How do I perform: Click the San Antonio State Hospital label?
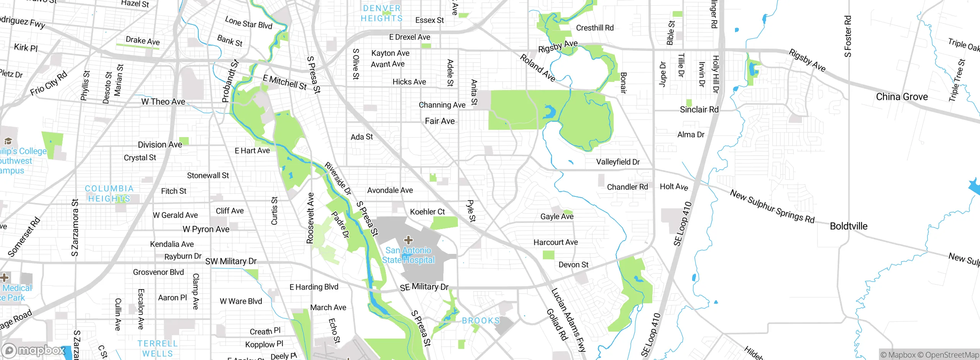pyautogui.click(x=408, y=255)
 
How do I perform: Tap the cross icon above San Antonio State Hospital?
pyautogui.click(x=408, y=240)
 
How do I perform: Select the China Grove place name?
pyautogui.click(x=902, y=97)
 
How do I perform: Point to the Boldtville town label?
pyautogui.click(x=848, y=226)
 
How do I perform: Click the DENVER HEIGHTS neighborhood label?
pyautogui.click(x=382, y=13)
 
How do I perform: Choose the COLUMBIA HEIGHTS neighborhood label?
pyautogui.click(x=109, y=193)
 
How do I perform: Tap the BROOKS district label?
pyautogui.click(x=481, y=321)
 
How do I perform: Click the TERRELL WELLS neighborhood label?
pyautogui.click(x=158, y=349)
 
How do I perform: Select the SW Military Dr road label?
pyautogui.click(x=231, y=262)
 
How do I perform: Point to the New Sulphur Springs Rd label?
pyautogui.click(x=772, y=206)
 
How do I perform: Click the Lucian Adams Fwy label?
pyautogui.click(x=568, y=320)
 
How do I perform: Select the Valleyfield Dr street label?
pyautogui.click(x=617, y=162)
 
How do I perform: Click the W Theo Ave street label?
pyautogui.click(x=163, y=102)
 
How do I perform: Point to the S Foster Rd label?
pyautogui.click(x=848, y=36)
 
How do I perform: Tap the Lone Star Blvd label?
pyautogui.click(x=248, y=23)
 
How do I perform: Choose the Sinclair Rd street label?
pyautogui.click(x=699, y=110)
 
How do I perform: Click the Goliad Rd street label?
pyautogui.click(x=557, y=325)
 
